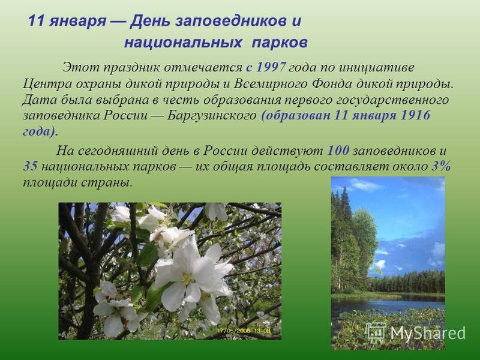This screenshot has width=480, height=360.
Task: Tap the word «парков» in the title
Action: point(280,43)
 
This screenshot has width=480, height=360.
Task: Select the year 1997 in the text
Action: point(271,67)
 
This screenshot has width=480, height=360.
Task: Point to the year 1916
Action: point(415,115)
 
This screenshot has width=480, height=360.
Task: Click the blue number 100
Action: point(338,151)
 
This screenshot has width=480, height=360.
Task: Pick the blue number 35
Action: point(31,166)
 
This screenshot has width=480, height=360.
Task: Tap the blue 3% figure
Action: point(441,166)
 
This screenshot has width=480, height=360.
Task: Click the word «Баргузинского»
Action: point(212,116)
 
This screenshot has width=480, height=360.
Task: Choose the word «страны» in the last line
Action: point(107,183)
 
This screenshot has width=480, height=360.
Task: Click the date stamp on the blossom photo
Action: point(244,331)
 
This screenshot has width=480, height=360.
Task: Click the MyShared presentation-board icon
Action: point(376,332)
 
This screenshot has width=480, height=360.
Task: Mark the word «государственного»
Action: point(389,100)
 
